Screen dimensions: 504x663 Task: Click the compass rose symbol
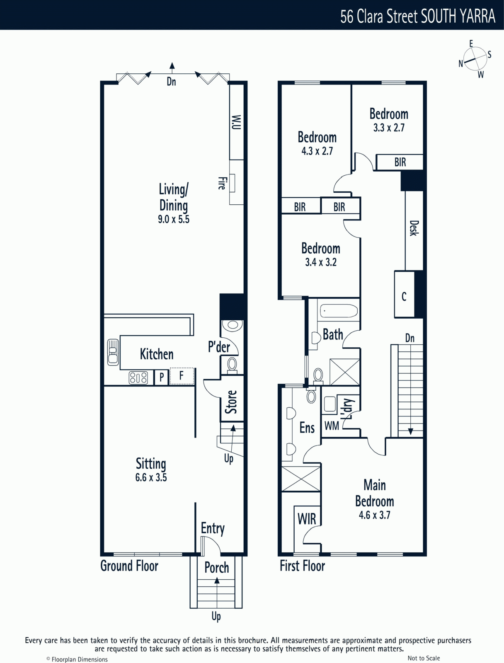(475, 58)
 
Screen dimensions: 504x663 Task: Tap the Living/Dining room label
(174, 197)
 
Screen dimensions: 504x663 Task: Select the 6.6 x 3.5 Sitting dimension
(151, 477)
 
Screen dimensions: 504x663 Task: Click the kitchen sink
(113, 352)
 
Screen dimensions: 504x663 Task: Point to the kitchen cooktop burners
(138, 377)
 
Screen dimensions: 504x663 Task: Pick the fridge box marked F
(182, 376)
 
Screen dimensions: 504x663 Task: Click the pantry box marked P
(162, 377)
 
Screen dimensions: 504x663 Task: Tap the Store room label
(231, 402)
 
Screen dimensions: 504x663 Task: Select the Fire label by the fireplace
(221, 183)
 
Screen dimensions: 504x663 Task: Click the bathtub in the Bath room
(339, 311)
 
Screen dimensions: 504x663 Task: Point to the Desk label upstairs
(414, 228)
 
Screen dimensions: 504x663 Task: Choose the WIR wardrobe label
(307, 519)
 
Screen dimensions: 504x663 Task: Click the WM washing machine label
(332, 426)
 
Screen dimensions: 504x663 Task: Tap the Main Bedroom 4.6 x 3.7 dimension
(374, 515)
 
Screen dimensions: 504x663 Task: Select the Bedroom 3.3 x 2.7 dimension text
(389, 128)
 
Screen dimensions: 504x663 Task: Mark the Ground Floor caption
(129, 566)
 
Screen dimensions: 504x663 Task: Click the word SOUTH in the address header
(439, 16)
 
